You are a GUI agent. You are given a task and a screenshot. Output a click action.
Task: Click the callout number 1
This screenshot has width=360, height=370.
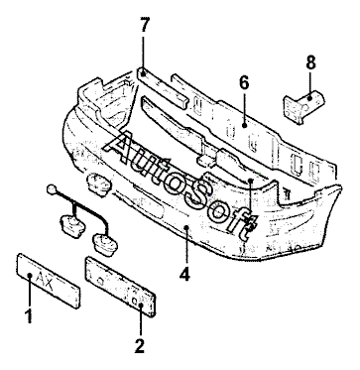click(x=30, y=316)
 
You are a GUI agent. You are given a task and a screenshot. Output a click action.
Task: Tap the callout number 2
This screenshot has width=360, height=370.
click(x=139, y=346)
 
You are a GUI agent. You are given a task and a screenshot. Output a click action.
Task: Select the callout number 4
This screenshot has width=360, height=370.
click(x=184, y=274)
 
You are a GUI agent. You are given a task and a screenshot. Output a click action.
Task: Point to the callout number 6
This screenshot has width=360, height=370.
click(x=244, y=82)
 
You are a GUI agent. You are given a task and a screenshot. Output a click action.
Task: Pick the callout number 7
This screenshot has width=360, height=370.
click(x=144, y=25)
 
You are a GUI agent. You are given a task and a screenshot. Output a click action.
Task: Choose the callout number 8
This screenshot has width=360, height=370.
click(x=310, y=62)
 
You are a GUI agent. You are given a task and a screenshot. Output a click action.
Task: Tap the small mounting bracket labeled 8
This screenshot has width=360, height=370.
click(x=303, y=106)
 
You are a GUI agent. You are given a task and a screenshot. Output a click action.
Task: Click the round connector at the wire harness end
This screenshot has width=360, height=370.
click(x=52, y=189)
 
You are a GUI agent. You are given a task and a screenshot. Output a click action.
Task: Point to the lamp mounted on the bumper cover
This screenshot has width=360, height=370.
click(x=98, y=185)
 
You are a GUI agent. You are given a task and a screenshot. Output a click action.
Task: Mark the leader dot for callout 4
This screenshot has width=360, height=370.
click(x=186, y=227)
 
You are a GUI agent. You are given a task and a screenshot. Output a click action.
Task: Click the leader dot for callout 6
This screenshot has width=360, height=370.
click(x=244, y=125)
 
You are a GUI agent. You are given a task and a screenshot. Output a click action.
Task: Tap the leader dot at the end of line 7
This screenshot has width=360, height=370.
click(x=143, y=73)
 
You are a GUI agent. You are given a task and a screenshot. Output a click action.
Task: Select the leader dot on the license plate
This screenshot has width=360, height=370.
click(x=30, y=275)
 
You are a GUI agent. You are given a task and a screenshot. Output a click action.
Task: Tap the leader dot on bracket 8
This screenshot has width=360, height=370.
click(x=309, y=97)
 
